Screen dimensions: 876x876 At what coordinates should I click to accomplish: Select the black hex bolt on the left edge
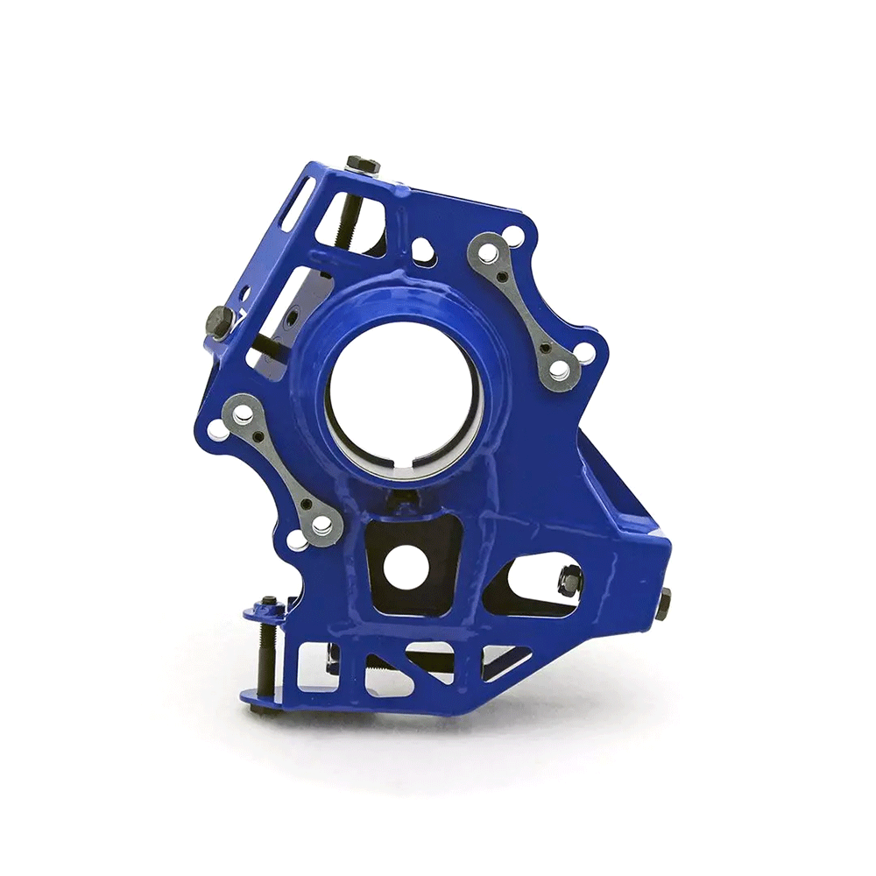tap(219, 321)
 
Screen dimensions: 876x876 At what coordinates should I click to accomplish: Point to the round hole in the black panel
tap(406, 567)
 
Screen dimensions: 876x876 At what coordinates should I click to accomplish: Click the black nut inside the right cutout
tap(569, 579)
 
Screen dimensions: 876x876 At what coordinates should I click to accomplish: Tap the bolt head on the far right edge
tap(663, 603)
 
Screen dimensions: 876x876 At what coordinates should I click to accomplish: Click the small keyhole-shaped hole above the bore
tap(422, 251)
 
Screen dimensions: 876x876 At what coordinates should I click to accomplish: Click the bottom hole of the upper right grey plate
tap(558, 371)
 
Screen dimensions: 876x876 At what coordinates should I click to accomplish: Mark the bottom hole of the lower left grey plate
tap(322, 526)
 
